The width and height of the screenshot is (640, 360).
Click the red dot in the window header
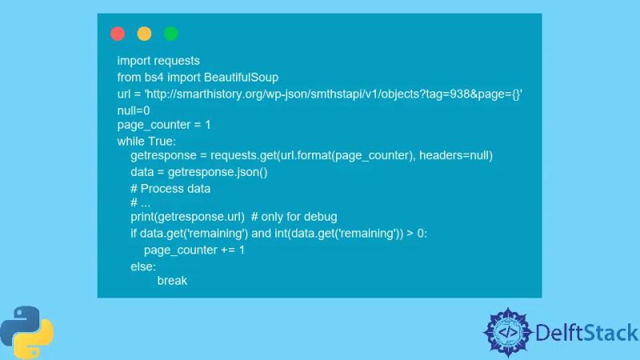point(118,34)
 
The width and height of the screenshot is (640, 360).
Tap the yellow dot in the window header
point(144,34)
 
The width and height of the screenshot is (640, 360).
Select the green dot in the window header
point(170,34)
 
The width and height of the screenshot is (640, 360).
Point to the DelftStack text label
point(587,333)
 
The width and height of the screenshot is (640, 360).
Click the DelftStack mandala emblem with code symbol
point(508,332)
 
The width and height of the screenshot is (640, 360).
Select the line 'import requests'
point(158,61)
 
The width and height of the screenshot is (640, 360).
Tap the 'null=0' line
point(134,110)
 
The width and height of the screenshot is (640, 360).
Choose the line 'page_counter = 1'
point(164,126)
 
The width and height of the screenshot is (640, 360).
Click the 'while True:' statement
point(152,142)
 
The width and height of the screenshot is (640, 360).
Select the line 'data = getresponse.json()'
point(199,172)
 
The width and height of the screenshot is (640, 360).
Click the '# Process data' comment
point(170,189)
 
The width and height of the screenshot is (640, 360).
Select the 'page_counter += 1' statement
point(194,250)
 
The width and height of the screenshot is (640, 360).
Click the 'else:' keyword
point(143,266)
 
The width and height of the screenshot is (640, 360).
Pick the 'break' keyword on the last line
point(172,281)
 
